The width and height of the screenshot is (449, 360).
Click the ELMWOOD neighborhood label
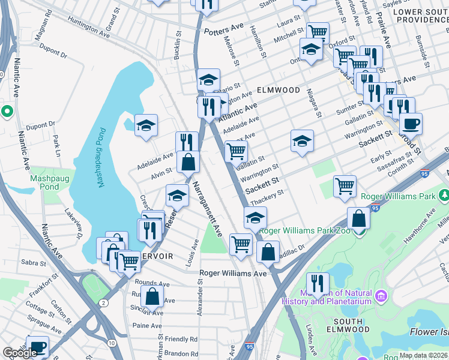pos(278,90)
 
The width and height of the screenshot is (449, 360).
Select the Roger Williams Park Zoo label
pos(306,231)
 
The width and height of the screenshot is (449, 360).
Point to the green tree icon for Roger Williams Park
pos(444,196)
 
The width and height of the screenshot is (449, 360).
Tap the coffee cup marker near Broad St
pos(411,124)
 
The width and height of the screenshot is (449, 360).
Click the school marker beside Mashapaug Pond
pos(146,125)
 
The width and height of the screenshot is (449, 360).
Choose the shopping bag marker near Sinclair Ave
pos(153,296)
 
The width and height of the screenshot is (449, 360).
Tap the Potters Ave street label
pos(224,29)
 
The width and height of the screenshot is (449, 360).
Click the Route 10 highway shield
pos(112,342)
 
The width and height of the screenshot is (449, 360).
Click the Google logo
pos(20,353)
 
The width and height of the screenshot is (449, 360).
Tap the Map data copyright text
pos(423,355)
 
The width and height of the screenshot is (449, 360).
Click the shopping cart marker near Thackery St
pos(345,186)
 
